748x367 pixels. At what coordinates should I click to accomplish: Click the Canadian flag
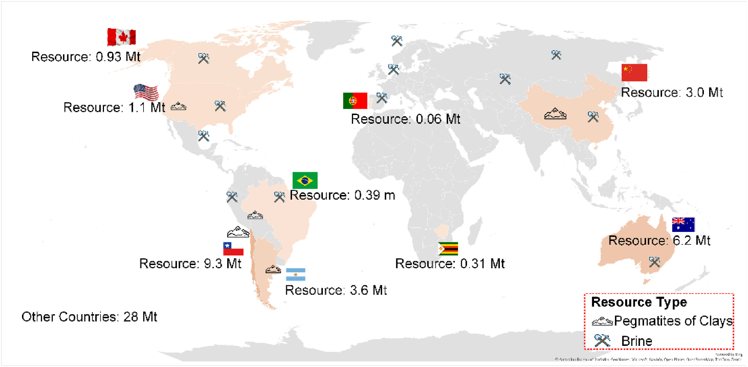(122, 37)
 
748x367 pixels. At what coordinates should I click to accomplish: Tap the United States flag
(146, 92)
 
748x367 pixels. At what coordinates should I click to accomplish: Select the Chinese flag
(634, 73)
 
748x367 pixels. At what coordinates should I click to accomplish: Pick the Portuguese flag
(355, 101)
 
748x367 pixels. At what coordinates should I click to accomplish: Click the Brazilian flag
(305, 180)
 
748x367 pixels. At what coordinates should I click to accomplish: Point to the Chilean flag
(233, 249)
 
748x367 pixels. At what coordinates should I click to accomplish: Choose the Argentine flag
(295, 274)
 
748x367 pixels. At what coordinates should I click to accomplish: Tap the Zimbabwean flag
(448, 248)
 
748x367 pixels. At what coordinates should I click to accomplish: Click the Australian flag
(683, 224)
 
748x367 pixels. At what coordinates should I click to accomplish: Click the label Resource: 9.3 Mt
(190, 264)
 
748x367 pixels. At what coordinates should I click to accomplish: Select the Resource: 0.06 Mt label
(405, 119)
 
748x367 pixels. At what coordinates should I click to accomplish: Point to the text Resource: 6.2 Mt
(659, 241)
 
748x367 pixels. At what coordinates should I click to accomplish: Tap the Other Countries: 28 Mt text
(89, 317)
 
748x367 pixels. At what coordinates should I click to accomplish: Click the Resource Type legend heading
(639, 302)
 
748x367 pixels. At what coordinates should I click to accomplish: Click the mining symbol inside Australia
(654, 262)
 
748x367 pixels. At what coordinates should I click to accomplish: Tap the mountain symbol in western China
(555, 114)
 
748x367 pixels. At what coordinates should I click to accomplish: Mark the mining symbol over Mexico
(204, 136)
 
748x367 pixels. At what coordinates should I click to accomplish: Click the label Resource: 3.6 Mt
(336, 290)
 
